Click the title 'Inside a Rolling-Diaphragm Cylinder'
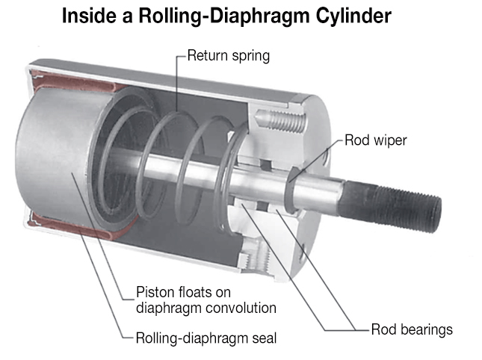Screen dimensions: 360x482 tap(227, 16)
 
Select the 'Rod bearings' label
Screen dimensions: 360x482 tap(412, 329)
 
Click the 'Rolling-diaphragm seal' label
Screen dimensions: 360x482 tap(206, 338)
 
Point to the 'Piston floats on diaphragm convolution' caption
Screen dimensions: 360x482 tap(206, 299)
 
